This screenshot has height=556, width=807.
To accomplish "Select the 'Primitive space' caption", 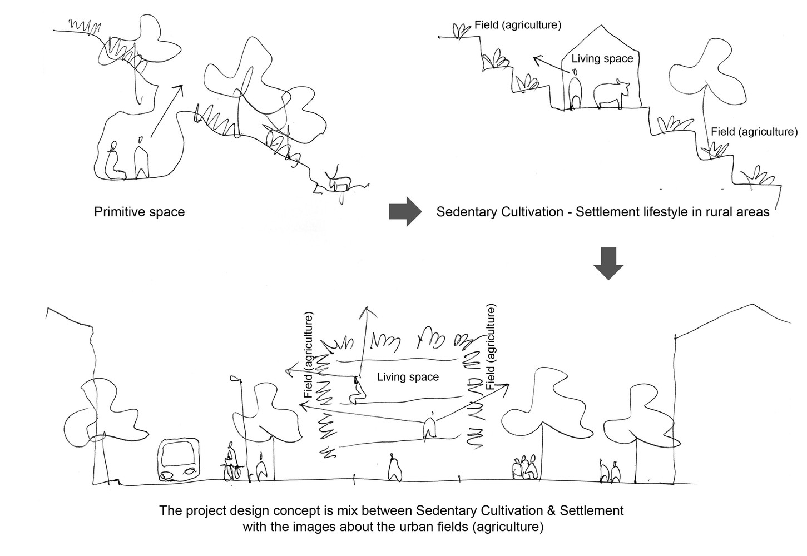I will (139, 212).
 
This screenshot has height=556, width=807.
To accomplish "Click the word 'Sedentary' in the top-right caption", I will (464, 212).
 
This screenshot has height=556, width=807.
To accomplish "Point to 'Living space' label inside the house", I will (602, 58).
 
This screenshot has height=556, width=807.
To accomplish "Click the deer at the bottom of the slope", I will (339, 181).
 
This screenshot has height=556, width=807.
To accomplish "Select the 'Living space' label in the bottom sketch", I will (408, 377).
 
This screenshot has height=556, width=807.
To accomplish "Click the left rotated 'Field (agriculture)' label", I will (309, 354).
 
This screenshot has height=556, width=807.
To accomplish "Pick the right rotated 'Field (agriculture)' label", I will (491, 346).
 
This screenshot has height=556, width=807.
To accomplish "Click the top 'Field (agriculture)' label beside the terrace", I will (517, 25).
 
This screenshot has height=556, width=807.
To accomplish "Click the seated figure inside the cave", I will (113, 161).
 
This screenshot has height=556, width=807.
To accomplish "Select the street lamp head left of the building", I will (236, 379).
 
